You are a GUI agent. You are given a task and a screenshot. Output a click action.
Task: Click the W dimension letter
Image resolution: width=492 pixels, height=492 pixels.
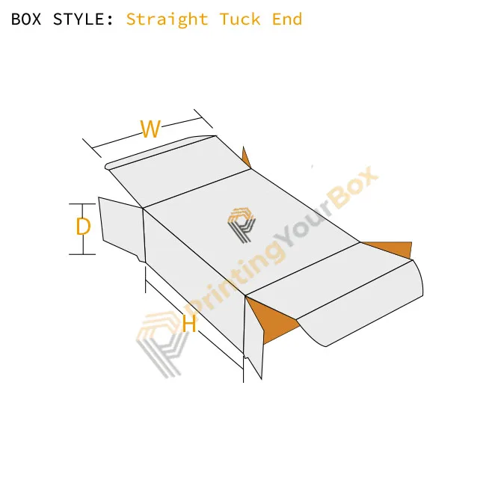pos(150,129)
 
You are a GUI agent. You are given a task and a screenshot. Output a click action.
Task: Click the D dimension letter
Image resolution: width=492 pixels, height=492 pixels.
pos(83,227)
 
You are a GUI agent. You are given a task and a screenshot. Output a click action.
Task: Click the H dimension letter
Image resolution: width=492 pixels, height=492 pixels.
pos(189,323)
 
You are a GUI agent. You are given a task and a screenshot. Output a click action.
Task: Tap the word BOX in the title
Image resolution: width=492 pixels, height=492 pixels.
pos(26,19)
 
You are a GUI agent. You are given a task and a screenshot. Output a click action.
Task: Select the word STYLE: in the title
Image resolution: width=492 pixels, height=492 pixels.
pos(83,19)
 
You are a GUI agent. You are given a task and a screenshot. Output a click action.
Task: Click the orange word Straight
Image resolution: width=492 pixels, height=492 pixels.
pos(167,19)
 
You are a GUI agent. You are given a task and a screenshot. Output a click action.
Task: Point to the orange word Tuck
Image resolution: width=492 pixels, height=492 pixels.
pos(240,19)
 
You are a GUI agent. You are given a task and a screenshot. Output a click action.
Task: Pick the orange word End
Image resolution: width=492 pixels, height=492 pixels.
pos(287,19)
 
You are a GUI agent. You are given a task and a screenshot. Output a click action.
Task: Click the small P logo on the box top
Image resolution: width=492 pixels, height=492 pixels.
pos(241,225)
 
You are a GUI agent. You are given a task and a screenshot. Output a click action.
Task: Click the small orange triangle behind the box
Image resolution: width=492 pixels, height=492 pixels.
pos(246,158)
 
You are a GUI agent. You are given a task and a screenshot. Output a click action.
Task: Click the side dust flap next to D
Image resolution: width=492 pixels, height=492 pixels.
pos(121,227)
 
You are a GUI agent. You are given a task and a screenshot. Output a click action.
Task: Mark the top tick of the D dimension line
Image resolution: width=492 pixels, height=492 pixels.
pos(82,204)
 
